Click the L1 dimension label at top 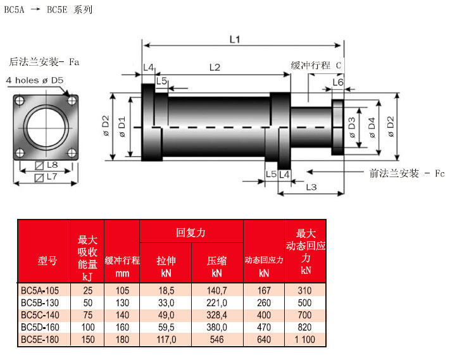[234, 39]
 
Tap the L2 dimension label [214, 67]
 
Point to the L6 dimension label [338, 82]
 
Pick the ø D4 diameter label [372, 126]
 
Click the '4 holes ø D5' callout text [35, 81]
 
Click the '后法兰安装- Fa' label [44, 62]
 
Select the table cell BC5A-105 [42, 290]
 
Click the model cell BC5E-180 [42, 340]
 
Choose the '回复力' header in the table [191, 233]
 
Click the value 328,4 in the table [216, 315]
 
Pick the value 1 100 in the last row [306, 340]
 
